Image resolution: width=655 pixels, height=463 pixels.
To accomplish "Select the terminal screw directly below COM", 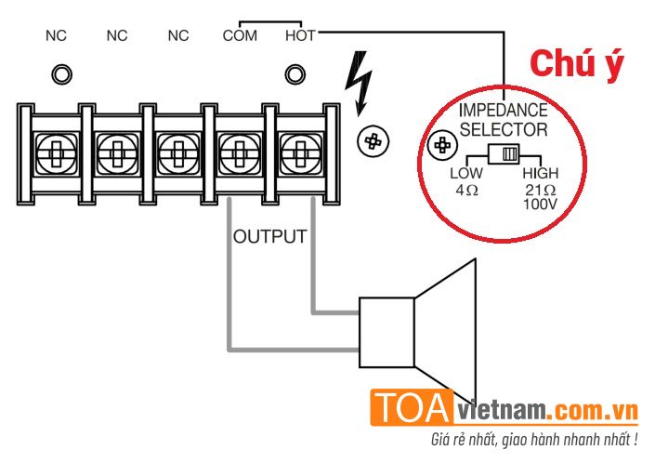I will point(239,149).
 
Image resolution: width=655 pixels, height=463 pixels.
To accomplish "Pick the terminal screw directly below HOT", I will point(298,149).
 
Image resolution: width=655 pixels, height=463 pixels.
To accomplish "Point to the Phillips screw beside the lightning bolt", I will point(373,141).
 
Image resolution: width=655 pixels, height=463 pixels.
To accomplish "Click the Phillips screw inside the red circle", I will point(444,146).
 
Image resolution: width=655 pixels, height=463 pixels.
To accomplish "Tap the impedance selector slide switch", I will point(507,154).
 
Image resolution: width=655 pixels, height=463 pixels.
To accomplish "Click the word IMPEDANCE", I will point(503,110).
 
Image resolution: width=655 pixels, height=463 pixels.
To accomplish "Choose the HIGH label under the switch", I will point(541,174).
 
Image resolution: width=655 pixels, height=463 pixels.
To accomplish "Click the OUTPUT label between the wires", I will point(269,236).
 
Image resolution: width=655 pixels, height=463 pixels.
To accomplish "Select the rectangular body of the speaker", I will point(386,332).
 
